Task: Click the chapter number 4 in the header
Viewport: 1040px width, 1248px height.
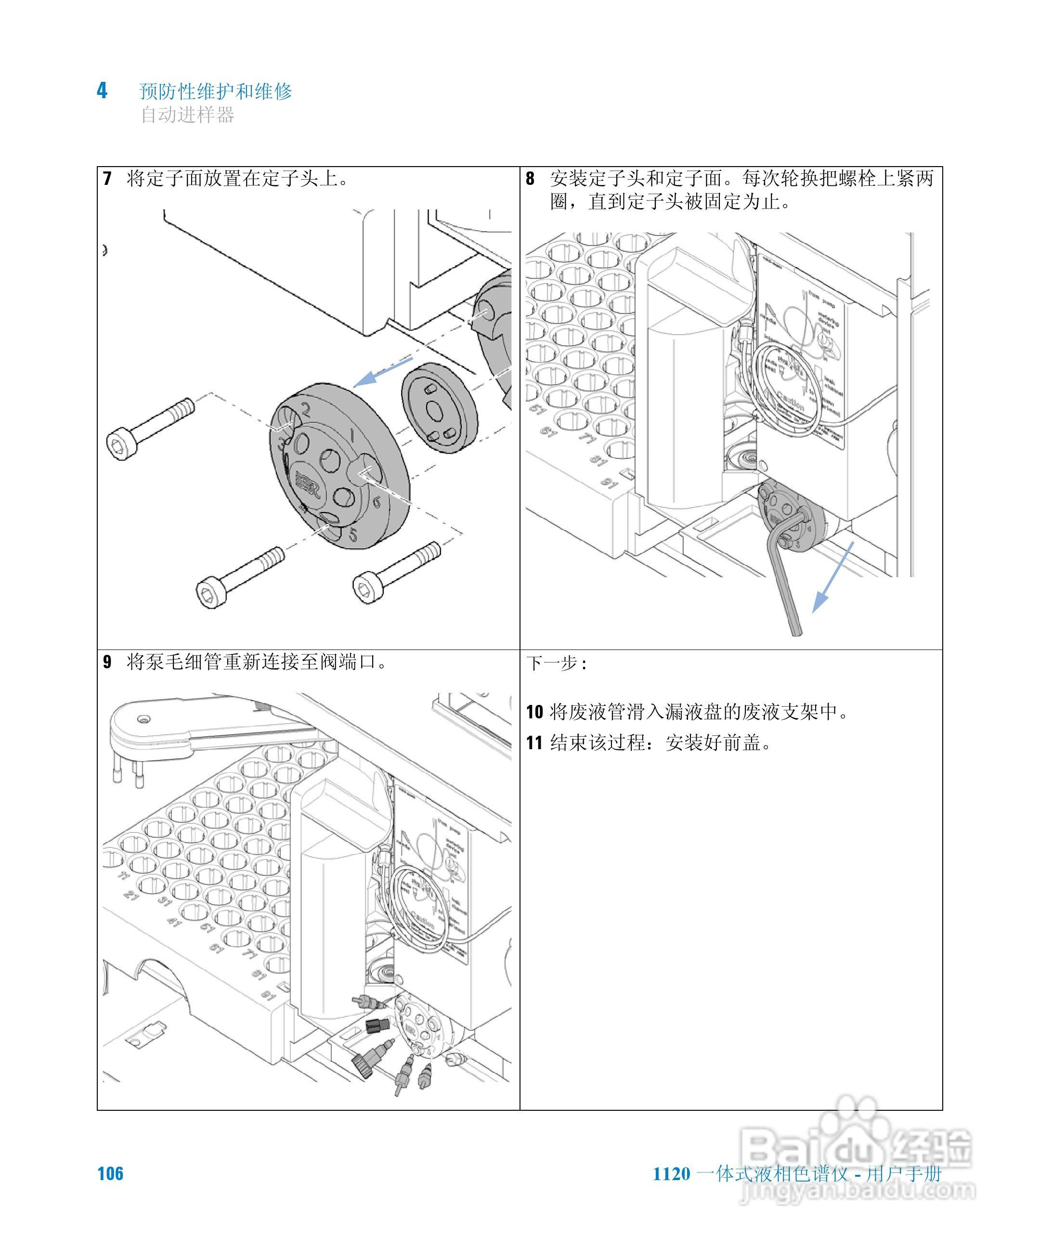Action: coord(102,91)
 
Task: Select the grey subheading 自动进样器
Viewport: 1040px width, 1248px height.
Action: coord(187,115)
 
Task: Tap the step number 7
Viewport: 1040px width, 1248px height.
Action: coord(107,178)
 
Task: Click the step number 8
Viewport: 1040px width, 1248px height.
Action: coord(530,178)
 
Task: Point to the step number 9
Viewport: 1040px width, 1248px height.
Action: coord(107,662)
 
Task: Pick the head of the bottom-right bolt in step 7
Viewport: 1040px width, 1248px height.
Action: coord(368,588)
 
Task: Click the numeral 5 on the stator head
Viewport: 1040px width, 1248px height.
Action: coord(353,535)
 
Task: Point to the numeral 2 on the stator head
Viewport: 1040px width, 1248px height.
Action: coord(305,409)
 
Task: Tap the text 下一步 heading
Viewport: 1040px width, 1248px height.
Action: coord(556,663)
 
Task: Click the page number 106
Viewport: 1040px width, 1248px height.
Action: coord(111,1174)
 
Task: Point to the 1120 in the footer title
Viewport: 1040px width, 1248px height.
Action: coord(672,1174)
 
